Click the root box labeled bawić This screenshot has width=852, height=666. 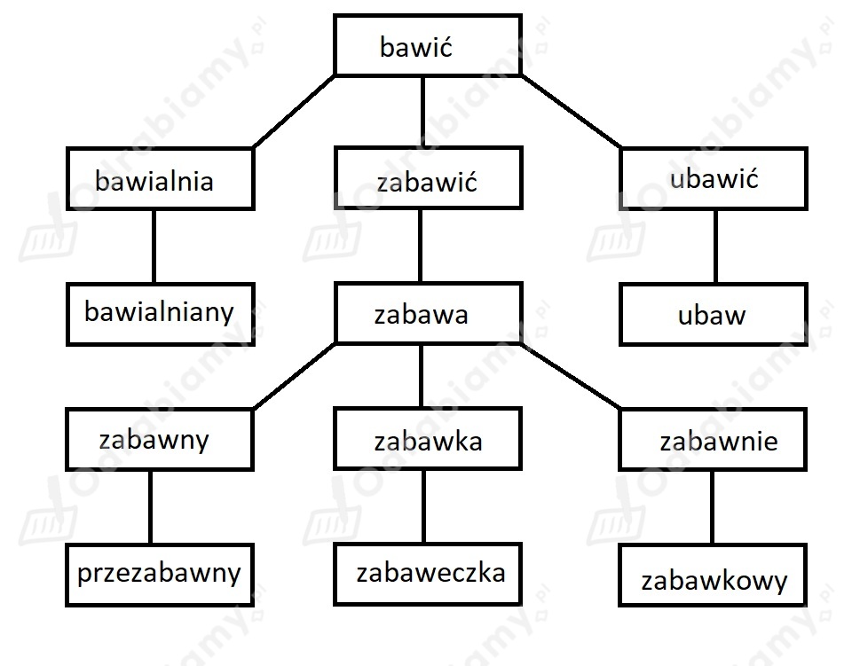tap(428, 45)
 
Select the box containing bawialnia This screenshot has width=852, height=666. tap(161, 178)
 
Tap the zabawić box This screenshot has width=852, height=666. tap(428, 177)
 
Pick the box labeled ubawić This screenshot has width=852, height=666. tap(714, 178)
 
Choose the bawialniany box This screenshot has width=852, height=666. tap(161, 314)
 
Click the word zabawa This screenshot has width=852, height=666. tap(421, 316)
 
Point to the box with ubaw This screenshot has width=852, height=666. tap(714, 314)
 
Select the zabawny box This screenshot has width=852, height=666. tap(160, 439)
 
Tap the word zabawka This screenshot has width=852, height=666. tap(428, 442)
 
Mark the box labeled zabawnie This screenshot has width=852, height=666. tap(713, 439)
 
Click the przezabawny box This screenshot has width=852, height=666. tap(160, 575)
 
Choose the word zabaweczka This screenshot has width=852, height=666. tap(431, 573)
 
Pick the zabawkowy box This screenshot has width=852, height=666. tap(713, 576)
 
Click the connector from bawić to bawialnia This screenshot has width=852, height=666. tap(295, 111)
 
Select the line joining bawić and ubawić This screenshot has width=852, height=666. tap(571, 111)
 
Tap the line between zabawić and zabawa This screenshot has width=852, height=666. tap(420, 246)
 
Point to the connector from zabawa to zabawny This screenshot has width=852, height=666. tap(295, 376)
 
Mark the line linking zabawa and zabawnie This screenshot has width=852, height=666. tap(571, 376)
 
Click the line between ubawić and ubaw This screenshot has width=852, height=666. tap(715, 246)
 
